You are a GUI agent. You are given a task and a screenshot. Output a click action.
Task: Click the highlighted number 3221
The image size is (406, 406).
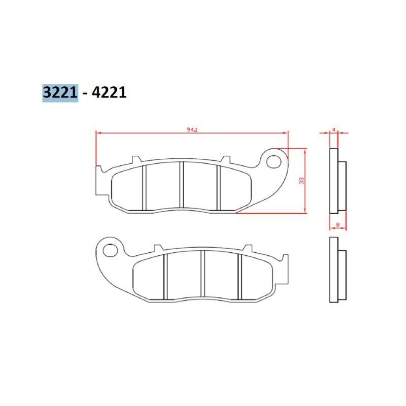coord(60,92)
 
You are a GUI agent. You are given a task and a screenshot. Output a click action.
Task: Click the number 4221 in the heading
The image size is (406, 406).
coord(109,92)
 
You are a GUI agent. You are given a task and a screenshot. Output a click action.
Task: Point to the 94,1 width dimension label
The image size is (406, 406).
coord(192,130)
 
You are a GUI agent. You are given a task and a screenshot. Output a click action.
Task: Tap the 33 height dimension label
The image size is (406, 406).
coord(301,181)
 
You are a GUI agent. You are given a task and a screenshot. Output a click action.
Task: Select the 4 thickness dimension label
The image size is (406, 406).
coord(334,129)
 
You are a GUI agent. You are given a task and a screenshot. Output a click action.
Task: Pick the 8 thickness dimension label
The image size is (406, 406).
coord(337,225)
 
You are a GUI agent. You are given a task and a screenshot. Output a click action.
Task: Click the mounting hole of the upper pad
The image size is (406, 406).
coord(274,161)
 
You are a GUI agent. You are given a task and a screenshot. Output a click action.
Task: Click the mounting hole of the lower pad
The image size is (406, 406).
coord(110,250)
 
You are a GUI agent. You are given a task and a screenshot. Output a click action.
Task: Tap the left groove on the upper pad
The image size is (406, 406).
coord(145,188)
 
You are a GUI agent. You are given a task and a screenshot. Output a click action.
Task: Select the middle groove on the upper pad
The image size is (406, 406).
coord(182,185)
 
